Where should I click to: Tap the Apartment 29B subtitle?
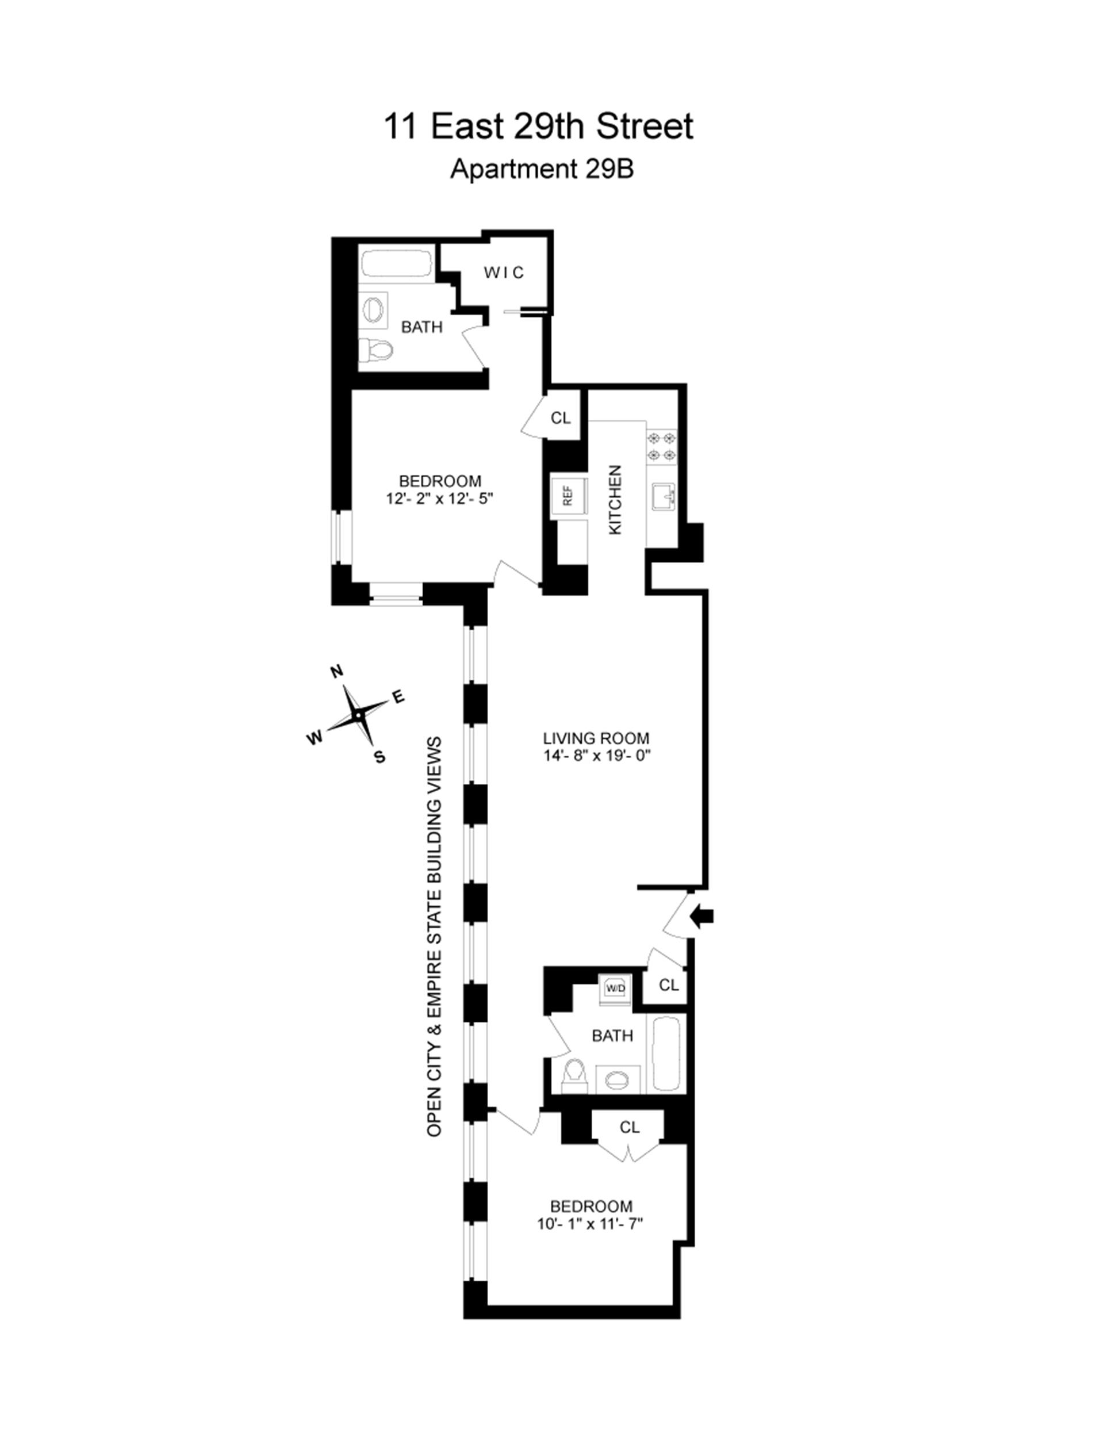[542, 170]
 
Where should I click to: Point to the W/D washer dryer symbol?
[615, 987]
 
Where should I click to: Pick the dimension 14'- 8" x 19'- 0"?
[596, 756]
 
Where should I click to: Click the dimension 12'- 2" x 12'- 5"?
[439, 499]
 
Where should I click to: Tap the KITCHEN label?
[615, 500]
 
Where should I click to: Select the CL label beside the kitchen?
[561, 418]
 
